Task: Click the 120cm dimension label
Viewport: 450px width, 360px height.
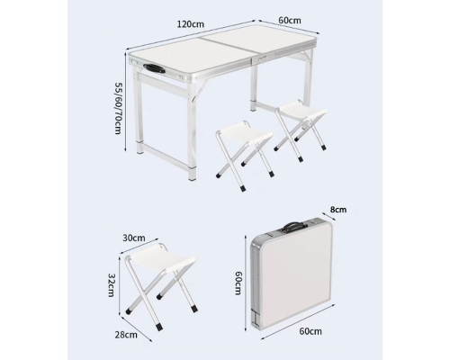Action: [x=191, y=24]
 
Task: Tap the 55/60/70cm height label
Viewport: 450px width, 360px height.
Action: [x=118, y=108]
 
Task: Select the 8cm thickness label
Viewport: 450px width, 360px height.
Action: [x=338, y=210]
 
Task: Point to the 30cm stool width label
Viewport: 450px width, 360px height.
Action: [x=134, y=238]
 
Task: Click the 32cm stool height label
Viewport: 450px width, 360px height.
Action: [x=111, y=284]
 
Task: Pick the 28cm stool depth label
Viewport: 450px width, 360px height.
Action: [x=126, y=335]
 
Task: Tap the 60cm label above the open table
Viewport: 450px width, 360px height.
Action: [x=290, y=20]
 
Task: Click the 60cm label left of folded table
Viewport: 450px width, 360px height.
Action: [x=238, y=283]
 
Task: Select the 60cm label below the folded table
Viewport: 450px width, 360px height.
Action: [x=310, y=331]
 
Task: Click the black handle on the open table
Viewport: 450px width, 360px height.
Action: [x=154, y=68]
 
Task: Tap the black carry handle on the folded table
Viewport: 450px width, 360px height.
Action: [x=292, y=226]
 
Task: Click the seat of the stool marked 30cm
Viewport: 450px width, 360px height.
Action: [x=160, y=258]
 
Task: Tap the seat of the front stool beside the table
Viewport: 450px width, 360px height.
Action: [x=244, y=133]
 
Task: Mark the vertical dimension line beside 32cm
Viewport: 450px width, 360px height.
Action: [x=120, y=284]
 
